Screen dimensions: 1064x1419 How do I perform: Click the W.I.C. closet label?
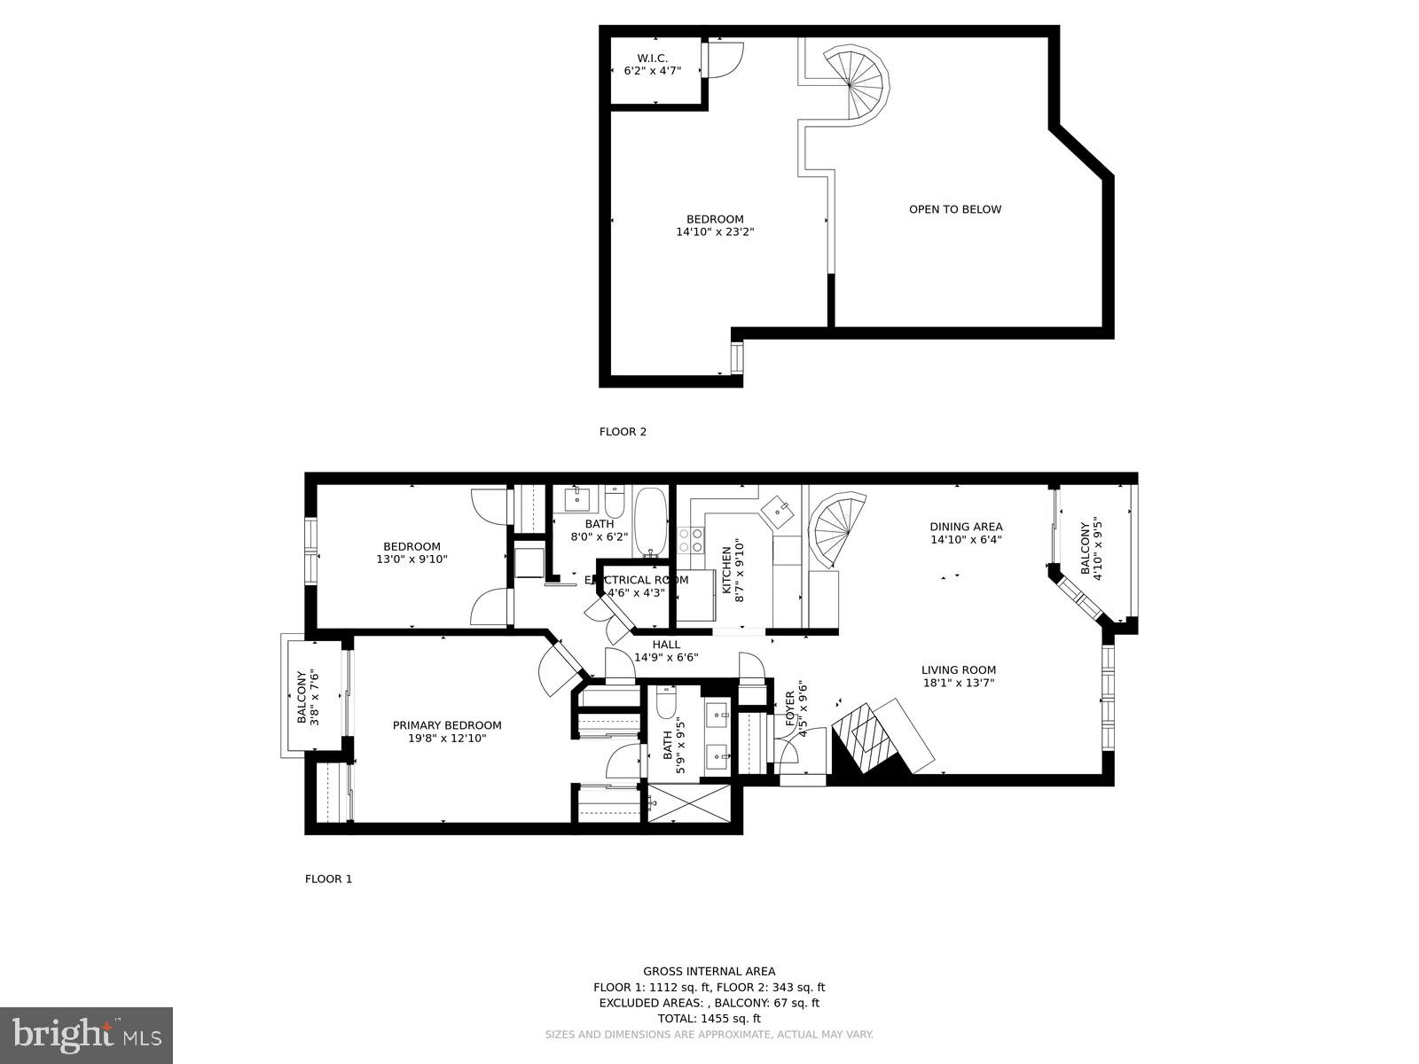tap(652, 59)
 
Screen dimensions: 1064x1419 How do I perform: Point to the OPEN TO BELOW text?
tap(955, 210)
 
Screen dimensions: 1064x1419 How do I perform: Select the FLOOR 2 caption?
tap(623, 432)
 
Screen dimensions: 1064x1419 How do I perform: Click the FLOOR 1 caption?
tap(328, 879)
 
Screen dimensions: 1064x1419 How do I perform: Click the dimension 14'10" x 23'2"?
tap(715, 232)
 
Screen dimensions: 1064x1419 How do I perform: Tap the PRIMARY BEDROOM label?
tap(447, 725)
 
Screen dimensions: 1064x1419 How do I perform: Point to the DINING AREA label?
tap(966, 527)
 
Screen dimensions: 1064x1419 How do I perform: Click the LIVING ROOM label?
tap(958, 670)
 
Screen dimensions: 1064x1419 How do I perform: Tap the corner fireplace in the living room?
tap(869, 735)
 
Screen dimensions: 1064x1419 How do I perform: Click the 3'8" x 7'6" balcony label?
tap(307, 698)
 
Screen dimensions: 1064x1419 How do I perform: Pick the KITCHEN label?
tap(726, 569)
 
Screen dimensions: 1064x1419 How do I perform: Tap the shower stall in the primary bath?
tap(689, 803)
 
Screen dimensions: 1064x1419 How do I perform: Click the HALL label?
tap(666, 645)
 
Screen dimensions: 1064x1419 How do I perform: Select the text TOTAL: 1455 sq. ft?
tap(709, 1019)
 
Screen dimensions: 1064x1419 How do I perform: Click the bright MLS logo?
tap(86, 1036)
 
